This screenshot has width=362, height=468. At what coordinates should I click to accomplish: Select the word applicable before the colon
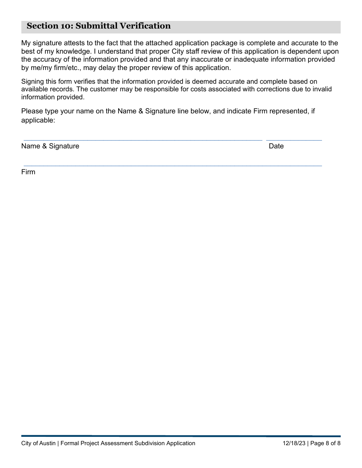pos(37,120)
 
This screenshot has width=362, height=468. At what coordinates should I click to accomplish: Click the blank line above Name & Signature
pos(143,139)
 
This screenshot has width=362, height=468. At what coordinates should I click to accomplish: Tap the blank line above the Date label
pos(294,139)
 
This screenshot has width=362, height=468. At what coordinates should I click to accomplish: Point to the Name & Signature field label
pos(50,146)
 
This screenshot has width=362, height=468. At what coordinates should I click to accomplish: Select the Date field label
pos(276,146)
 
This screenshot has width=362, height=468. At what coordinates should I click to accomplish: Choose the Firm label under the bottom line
pos(28,172)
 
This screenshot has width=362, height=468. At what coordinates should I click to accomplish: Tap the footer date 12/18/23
pos(294,443)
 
